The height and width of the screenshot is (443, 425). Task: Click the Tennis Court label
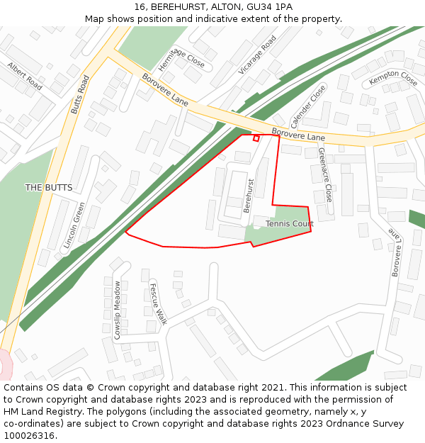(x=289, y=224)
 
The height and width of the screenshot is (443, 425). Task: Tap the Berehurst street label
(x=249, y=196)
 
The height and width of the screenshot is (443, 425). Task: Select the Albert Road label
(x=25, y=77)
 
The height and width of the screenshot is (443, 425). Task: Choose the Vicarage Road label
(x=257, y=55)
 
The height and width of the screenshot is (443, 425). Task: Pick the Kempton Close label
(x=393, y=79)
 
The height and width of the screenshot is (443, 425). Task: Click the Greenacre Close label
(x=325, y=174)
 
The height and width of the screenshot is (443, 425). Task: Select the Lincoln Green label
(x=74, y=225)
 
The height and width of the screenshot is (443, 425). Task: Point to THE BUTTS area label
(x=49, y=188)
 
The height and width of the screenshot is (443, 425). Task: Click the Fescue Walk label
(x=158, y=303)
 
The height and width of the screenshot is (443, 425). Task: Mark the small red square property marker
(x=256, y=138)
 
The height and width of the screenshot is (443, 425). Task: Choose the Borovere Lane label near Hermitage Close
(x=165, y=90)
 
